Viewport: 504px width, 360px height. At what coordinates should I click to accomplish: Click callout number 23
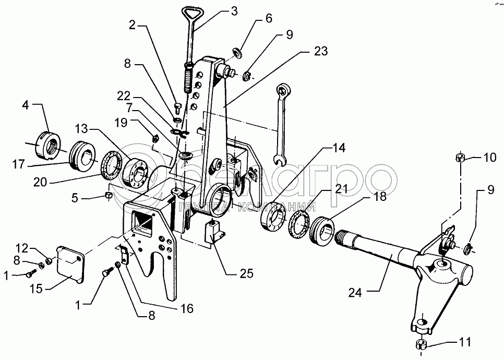click(321, 51)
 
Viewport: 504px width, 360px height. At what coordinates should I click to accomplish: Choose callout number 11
click(464, 343)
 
